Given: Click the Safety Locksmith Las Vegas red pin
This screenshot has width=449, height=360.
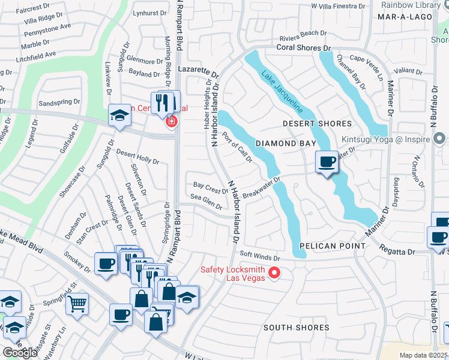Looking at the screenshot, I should coord(274,273).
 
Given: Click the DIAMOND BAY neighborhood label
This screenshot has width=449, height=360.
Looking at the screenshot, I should coord(285,144).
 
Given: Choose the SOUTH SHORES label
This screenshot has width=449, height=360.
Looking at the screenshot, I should coord(297,328).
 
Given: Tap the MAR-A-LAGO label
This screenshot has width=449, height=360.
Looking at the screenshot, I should coord(405,17).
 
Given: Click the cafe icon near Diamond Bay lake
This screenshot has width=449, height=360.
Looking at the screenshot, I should coord(327,162).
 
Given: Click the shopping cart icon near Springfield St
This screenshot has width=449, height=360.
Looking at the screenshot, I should coord(77,304).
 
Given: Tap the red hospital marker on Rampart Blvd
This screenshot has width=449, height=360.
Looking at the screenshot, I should coord(172,121).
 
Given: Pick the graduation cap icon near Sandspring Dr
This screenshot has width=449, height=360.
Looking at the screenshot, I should coord(119,115).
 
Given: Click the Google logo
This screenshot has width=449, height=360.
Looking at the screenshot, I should coord(20,353).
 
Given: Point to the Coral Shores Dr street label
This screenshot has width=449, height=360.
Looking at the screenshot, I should coord(304,47).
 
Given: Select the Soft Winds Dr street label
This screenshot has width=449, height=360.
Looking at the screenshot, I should coord(261,254).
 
